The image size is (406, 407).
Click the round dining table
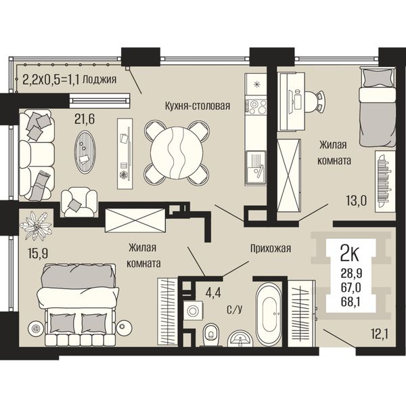point(177,152)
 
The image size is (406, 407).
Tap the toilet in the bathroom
point(211,335)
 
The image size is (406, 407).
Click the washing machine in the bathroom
point(193,310)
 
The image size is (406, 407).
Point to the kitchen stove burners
point(255,107)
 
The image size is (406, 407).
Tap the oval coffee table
point(85,152)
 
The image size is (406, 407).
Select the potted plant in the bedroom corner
point(36,226)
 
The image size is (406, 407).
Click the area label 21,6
point(85,119)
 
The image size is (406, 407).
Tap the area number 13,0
point(357,200)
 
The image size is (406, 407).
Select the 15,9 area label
point(38,253)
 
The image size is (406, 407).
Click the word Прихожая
point(271,249)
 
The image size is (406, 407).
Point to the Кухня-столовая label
point(198,106)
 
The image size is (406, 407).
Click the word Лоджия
point(99,80)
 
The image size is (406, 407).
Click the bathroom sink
point(240,339)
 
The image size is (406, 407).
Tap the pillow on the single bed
point(377,78)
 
